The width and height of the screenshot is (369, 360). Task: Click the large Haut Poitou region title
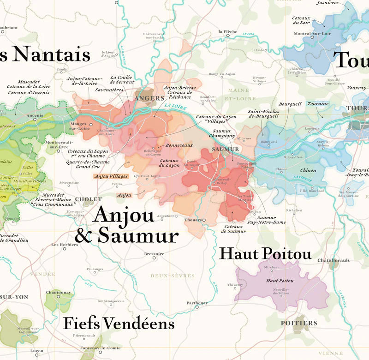[265, 253]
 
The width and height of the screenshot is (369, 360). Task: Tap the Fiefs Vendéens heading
[119, 324]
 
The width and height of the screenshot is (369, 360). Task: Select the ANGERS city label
[149, 98]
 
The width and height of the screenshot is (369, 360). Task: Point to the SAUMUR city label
[226, 149]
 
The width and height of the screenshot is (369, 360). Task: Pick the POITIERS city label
[299, 323]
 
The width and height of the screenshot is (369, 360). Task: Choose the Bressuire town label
[154, 253]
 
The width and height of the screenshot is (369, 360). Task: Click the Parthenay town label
[197, 303]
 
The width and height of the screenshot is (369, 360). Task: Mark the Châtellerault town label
[334, 260]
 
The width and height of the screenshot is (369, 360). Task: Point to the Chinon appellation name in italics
[309, 170]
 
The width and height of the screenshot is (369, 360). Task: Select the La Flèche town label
[227, 32]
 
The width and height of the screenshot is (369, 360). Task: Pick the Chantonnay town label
[58, 292]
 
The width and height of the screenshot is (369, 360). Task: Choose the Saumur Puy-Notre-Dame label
[272, 220]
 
